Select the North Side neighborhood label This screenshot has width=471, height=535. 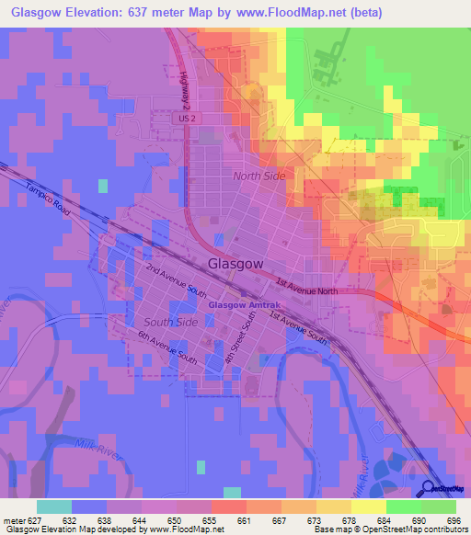coord(258,176)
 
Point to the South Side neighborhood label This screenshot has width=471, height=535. coord(170,323)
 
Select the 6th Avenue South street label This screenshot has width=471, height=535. coord(169,347)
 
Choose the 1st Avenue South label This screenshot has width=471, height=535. coord(297,327)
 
